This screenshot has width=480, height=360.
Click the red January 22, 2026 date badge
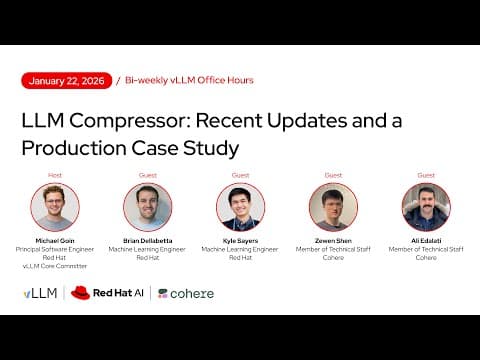tap(67, 80)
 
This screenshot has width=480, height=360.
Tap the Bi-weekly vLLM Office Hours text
tap(189, 80)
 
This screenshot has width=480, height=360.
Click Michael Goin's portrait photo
tap(55, 207)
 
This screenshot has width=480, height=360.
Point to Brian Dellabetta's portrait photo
tap(148, 207)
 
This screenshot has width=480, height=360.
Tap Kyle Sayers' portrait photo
tap(240, 207)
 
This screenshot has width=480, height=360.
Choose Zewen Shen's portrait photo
tap(333, 207)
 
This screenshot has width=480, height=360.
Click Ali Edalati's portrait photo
tap(426, 207)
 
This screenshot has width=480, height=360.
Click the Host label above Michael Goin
tap(55, 175)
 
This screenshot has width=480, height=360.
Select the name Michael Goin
tap(55, 241)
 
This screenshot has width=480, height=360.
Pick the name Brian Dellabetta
tap(148, 241)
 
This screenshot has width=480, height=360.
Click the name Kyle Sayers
tap(240, 241)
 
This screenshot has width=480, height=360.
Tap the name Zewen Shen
tap(333, 241)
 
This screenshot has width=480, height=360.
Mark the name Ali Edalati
tap(426, 241)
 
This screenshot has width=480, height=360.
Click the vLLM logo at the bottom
tap(41, 293)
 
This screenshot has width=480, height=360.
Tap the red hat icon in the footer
tap(80, 293)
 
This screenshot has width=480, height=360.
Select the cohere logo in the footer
tap(186, 293)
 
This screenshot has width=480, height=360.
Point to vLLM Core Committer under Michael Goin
tap(55, 265)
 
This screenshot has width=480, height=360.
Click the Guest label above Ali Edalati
tap(426, 175)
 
